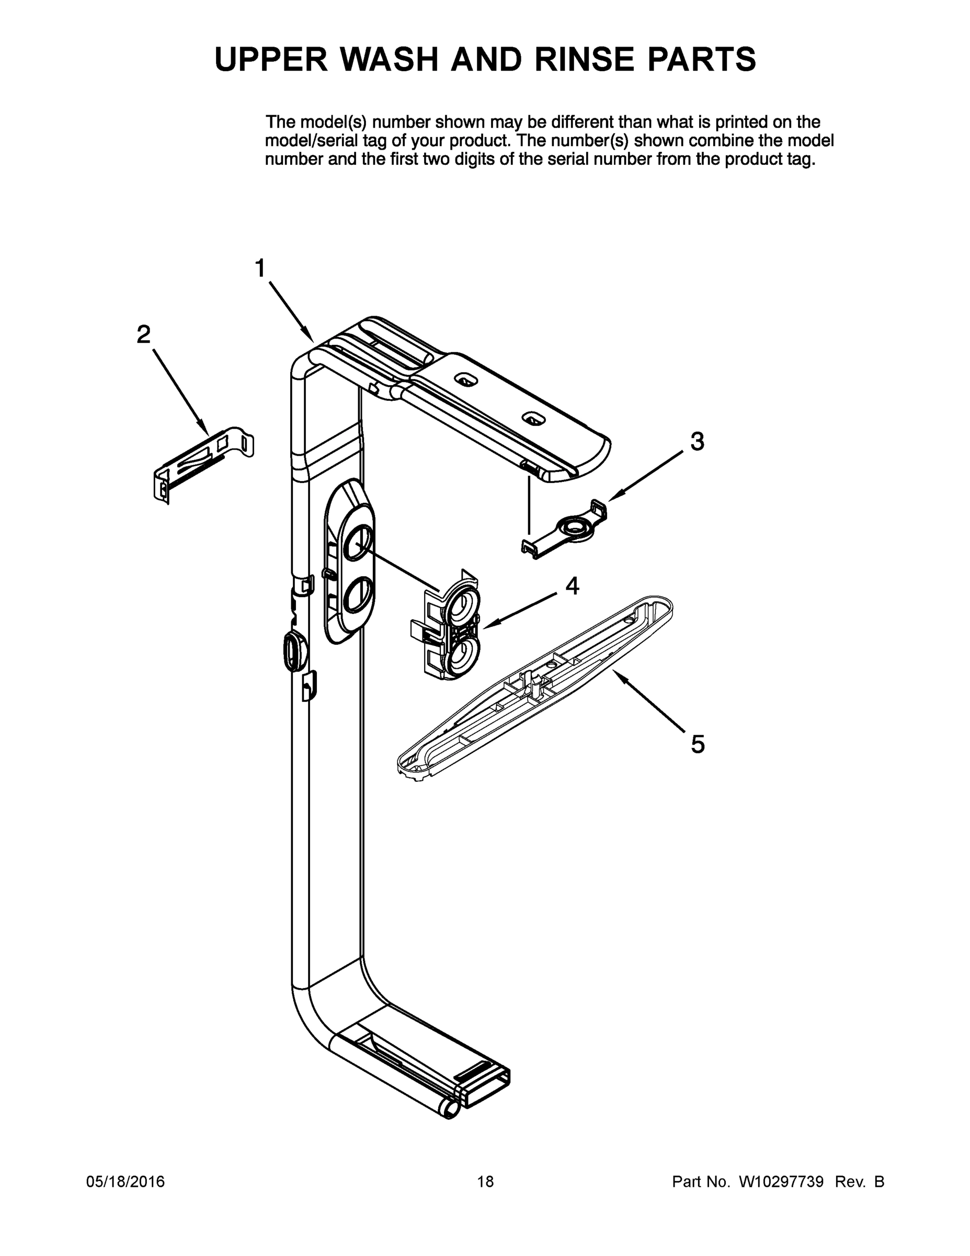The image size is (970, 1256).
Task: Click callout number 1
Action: (x=260, y=268)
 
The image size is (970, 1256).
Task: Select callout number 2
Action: (x=144, y=334)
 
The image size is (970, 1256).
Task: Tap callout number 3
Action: (x=697, y=442)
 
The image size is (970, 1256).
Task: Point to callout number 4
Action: (x=573, y=586)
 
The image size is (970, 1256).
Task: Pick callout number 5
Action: (x=698, y=744)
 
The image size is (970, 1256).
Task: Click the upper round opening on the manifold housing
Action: (x=358, y=543)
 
